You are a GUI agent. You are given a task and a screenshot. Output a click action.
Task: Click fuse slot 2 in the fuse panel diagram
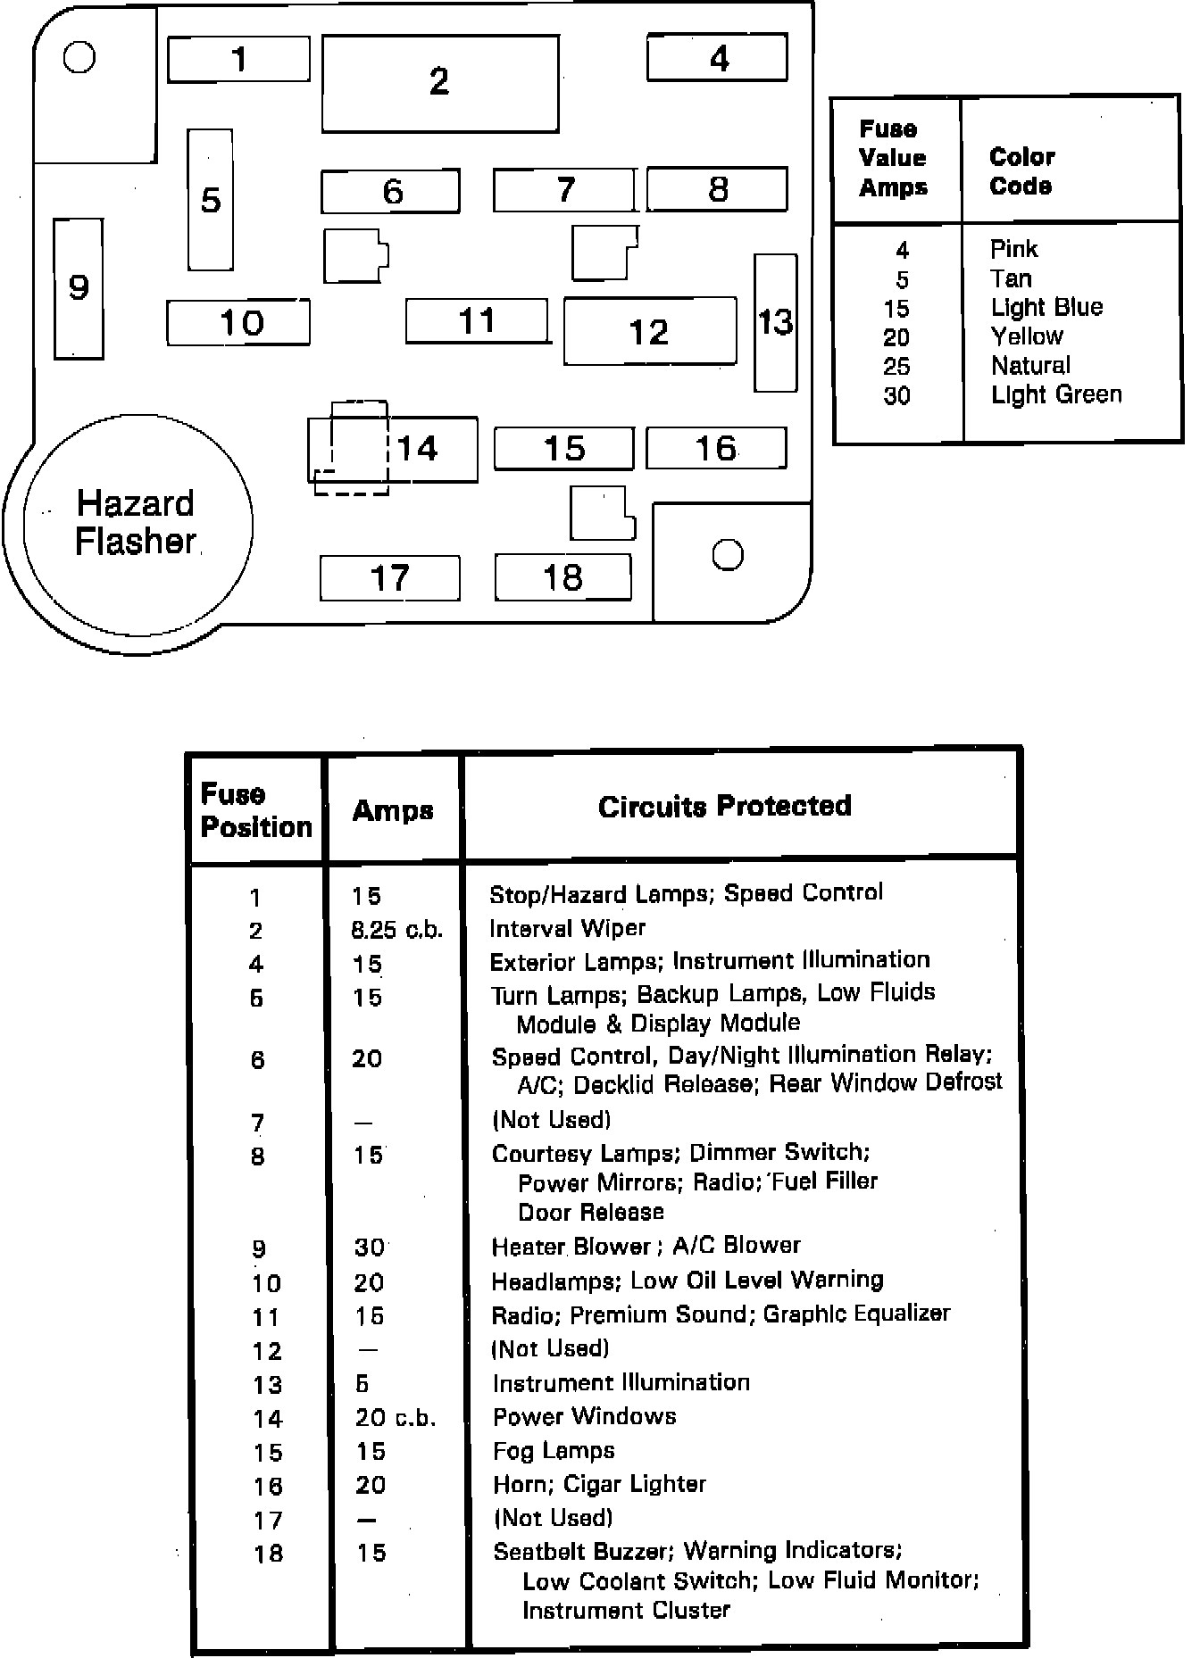tap(439, 83)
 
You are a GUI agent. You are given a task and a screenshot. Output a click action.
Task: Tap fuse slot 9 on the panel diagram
tap(79, 288)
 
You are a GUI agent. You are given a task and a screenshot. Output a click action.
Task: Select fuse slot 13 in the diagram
tap(775, 322)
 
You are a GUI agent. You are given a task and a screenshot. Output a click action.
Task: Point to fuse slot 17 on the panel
tap(389, 578)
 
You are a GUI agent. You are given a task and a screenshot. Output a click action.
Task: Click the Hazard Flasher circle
tap(137, 524)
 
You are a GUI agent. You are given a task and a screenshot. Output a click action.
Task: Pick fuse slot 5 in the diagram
tap(211, 200)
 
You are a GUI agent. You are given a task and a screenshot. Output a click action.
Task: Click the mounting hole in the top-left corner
tap(79, 58)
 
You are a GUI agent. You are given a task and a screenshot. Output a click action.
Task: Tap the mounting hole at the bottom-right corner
tap(728, 555)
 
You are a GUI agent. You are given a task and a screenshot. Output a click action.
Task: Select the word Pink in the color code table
tap(1013, 249)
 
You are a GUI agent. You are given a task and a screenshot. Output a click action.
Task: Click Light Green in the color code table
tap(1056, 394)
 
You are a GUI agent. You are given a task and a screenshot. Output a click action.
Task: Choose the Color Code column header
tap(1021, 171)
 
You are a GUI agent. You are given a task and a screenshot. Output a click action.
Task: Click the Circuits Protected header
tap(724, 807)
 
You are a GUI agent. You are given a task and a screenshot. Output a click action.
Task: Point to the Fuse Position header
tap(256, 810)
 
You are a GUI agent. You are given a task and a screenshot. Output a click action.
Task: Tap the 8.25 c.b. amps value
tap(396, 930)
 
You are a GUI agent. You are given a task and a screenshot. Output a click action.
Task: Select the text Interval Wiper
tap(567, 928)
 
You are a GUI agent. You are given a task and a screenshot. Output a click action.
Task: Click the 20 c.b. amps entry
tap(395, 1418)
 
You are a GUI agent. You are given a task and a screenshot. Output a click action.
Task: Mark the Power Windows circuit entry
tap(584, 1416)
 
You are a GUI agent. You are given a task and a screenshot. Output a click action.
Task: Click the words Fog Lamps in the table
tap(554, 1451)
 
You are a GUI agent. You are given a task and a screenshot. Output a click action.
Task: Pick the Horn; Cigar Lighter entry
tap(599, 1484)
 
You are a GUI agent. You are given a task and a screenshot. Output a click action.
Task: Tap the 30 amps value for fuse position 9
tap(369, 1247)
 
